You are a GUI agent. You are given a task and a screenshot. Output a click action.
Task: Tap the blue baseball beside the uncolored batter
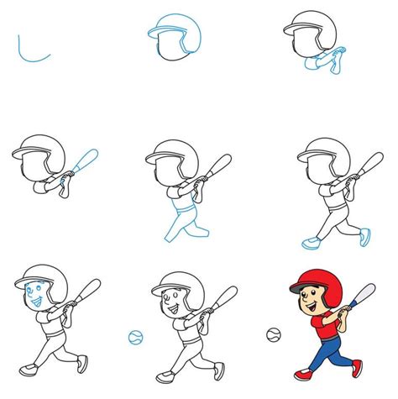pyautogui.click(x=135, y=337)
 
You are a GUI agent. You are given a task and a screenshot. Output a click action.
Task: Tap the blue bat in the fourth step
pyautogui.click(x=87, y=160)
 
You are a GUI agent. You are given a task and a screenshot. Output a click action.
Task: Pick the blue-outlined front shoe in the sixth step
pyautogui.click(x=311, y=243)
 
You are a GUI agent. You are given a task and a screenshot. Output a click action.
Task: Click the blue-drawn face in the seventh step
pyautogui.click(x=35, y=294)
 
